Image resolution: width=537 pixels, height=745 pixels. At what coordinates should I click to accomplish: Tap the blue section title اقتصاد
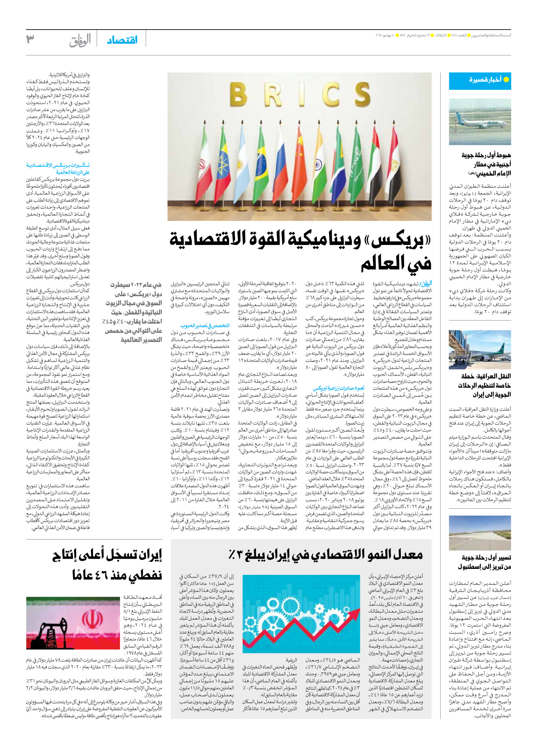pyautogui.click(x=122, y=40)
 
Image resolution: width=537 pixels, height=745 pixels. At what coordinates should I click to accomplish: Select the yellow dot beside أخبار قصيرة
pyautogui.click(x=506, y=79)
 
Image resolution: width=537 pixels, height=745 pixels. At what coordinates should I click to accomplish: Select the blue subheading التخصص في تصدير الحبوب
pyautogui.click(x=205, y=326)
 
